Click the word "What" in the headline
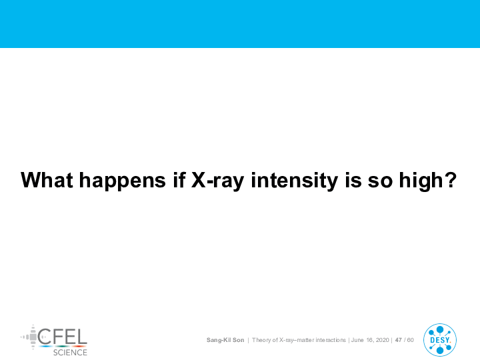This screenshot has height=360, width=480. (x=47, y=180)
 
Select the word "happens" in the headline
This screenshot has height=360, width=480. (x=123, y=182)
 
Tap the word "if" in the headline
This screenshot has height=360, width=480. (x=179, y=180)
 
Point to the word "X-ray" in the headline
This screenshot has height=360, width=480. (x=217, y=181)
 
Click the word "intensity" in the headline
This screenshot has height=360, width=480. (x=295, y=181)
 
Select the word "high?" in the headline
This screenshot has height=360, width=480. (x=428, y=181)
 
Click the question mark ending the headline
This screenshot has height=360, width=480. (x=450, y=180)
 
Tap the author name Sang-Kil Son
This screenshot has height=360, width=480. (x=225, y=340)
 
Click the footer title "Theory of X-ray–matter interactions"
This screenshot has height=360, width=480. (x=299, y=340)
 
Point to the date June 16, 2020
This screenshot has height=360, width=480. (x=370, y=340)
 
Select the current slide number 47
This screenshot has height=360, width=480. (x=398, y=340)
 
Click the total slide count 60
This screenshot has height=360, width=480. (x=410, y=340)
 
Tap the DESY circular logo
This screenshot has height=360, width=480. (x=440, y=340)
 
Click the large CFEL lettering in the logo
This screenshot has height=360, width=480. (x=63, y=337)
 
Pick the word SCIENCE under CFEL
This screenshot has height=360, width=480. (x=70, y=353)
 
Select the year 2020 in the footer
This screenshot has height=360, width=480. (x=382, y=340)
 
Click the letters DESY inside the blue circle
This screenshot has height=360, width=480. (x=440, y=340)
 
